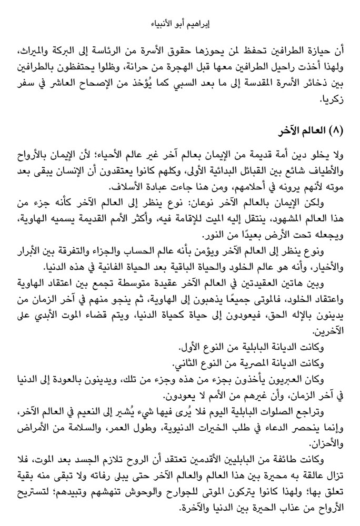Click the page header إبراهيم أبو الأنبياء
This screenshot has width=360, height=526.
179,23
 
